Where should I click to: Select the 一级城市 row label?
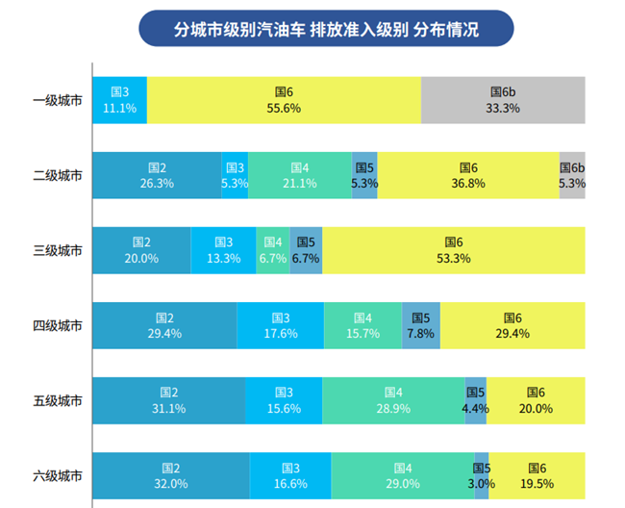[x=58, y=100]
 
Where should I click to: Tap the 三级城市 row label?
[x=58, y=250]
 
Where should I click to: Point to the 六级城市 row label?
[x=58, y=475]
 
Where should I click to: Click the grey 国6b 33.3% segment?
[x=502, y=100]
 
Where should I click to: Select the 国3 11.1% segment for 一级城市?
[x=119, y=100]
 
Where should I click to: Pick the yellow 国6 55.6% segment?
[x=284, y=100]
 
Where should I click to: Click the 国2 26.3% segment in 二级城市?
[x=156, y=175]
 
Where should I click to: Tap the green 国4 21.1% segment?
[x=300, y=175]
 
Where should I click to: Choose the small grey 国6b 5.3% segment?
[x=572, y=175]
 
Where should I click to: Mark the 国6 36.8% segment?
[x=468, y=175]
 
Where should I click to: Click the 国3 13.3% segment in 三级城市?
[x=223, y=250]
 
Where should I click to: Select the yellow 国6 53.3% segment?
[x=452, y=250]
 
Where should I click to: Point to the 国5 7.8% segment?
[x=420, y=325]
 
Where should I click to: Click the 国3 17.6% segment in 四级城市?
[x=281, y=325]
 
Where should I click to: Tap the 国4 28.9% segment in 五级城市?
[x=393, y=400]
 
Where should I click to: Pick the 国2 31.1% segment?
[x=168, y=400]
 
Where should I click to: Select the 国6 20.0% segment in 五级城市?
[x=536, y=400]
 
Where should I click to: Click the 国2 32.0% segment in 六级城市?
[x=170, y=475]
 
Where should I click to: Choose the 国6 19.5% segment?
[x=537, y=475]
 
